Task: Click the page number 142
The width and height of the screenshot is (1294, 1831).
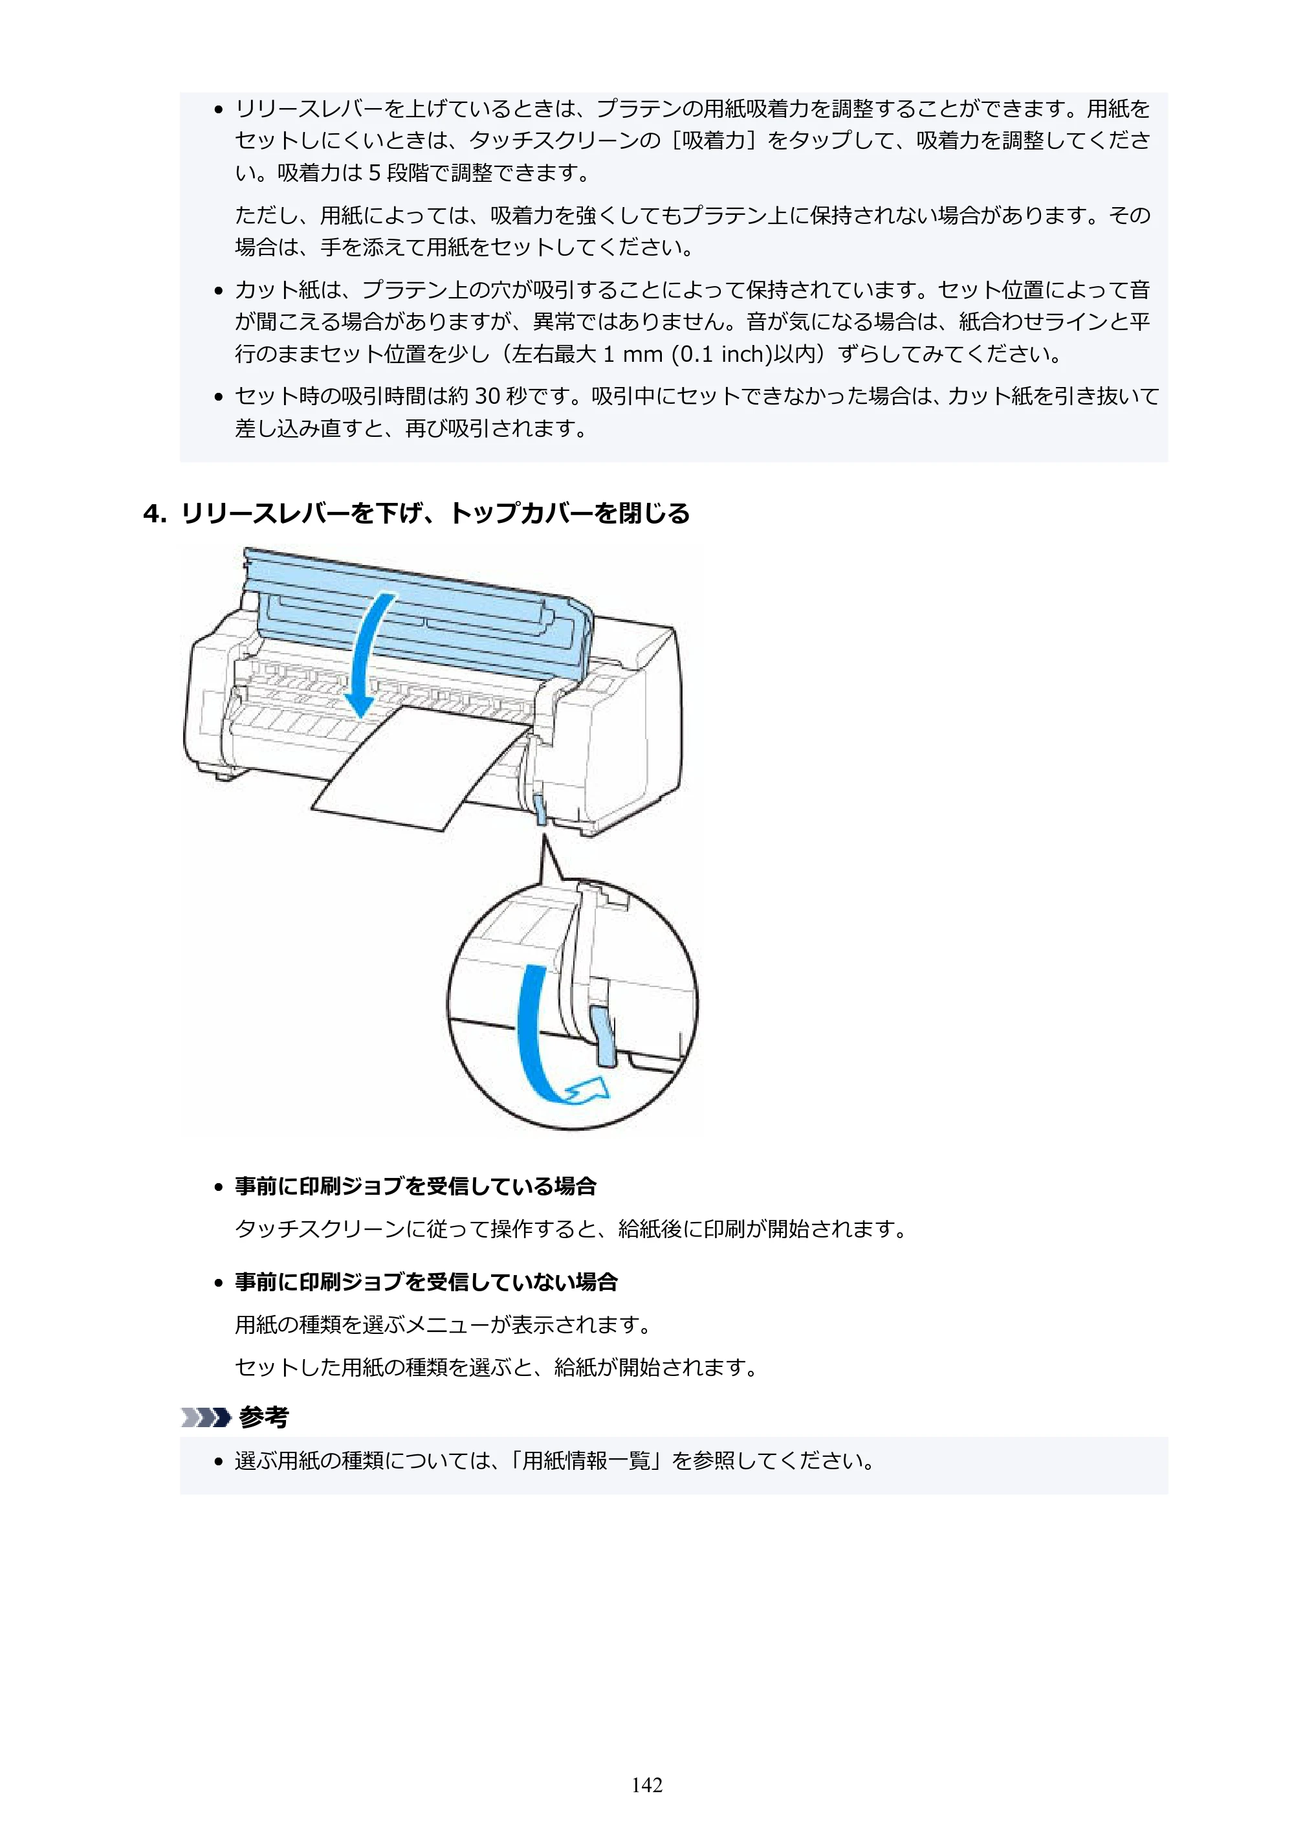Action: (646, 1785)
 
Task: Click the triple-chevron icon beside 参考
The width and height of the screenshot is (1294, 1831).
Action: (205, 1417)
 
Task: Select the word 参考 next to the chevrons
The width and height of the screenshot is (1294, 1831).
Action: (264, 1417)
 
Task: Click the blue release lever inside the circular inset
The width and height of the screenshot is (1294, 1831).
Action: (604, 1034)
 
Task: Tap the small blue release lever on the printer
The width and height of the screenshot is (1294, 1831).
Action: (540, 807)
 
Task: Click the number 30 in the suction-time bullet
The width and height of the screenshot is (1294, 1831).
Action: (488, 396)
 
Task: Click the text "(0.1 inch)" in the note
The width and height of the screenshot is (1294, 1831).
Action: (722, 354)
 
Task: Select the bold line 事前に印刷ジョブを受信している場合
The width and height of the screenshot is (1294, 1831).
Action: (415, 1186)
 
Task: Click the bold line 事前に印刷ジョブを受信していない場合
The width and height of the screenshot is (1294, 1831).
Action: (426, 1282)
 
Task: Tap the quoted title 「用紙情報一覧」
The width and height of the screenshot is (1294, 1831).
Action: (588, 1461)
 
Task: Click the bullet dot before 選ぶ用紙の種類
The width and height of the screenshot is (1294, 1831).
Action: (217, 1463)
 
